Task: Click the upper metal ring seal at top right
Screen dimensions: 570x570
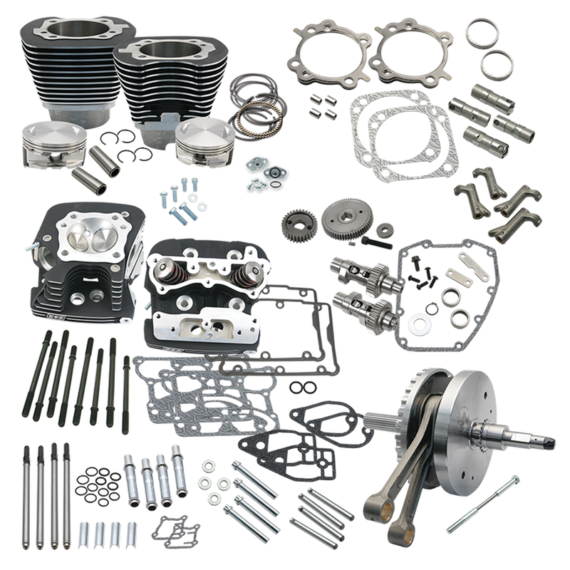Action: point(482,33)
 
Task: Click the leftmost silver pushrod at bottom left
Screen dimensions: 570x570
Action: point(27,492)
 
